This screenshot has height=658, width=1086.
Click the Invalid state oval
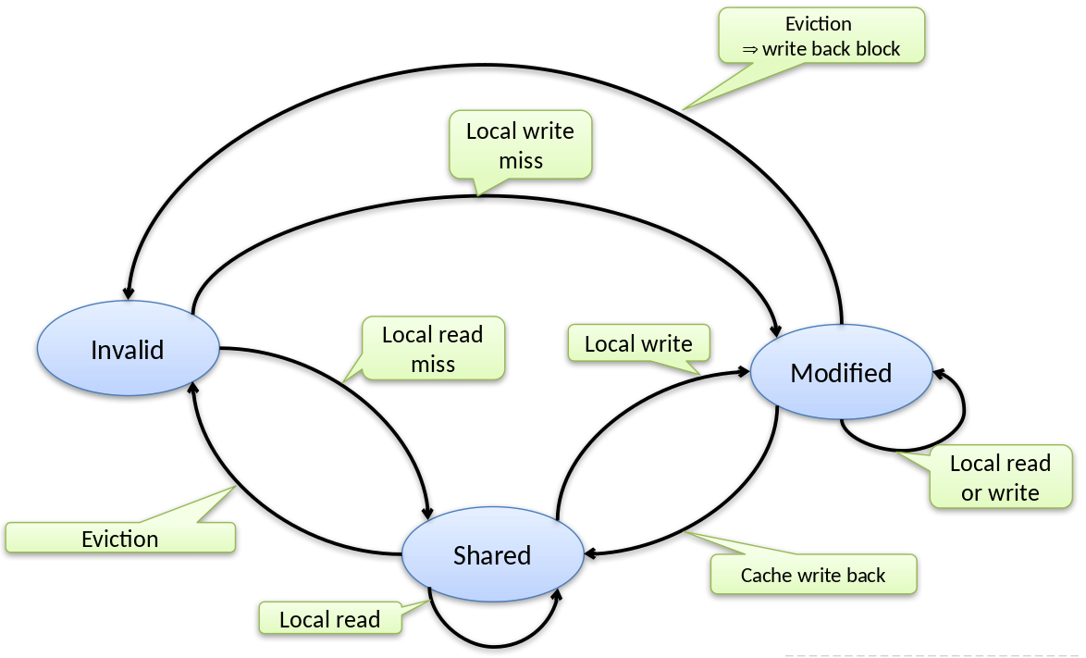[x=128, y=349]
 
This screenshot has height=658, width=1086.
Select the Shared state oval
[x=492, y=555]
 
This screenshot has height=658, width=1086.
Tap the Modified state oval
[x=841, y=373]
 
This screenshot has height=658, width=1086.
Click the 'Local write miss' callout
[x=520, y=145]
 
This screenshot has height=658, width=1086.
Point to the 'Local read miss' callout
[x=433, y=349]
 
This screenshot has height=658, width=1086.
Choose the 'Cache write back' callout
[x=813, y=575]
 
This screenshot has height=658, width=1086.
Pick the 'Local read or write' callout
[x=1000, y=478]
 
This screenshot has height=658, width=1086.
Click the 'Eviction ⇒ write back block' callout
[x=821, y=36]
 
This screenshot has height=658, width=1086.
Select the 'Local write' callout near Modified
[x=638, y=344]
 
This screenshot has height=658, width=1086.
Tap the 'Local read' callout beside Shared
[x=330, y=619]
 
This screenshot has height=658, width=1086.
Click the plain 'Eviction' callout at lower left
[x=120, y=539]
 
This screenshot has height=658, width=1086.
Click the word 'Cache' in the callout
[x=764, y=576]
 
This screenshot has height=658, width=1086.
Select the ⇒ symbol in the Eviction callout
[x=750, y=50]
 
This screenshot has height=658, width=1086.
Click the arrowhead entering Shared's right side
[x=589, y=554]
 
